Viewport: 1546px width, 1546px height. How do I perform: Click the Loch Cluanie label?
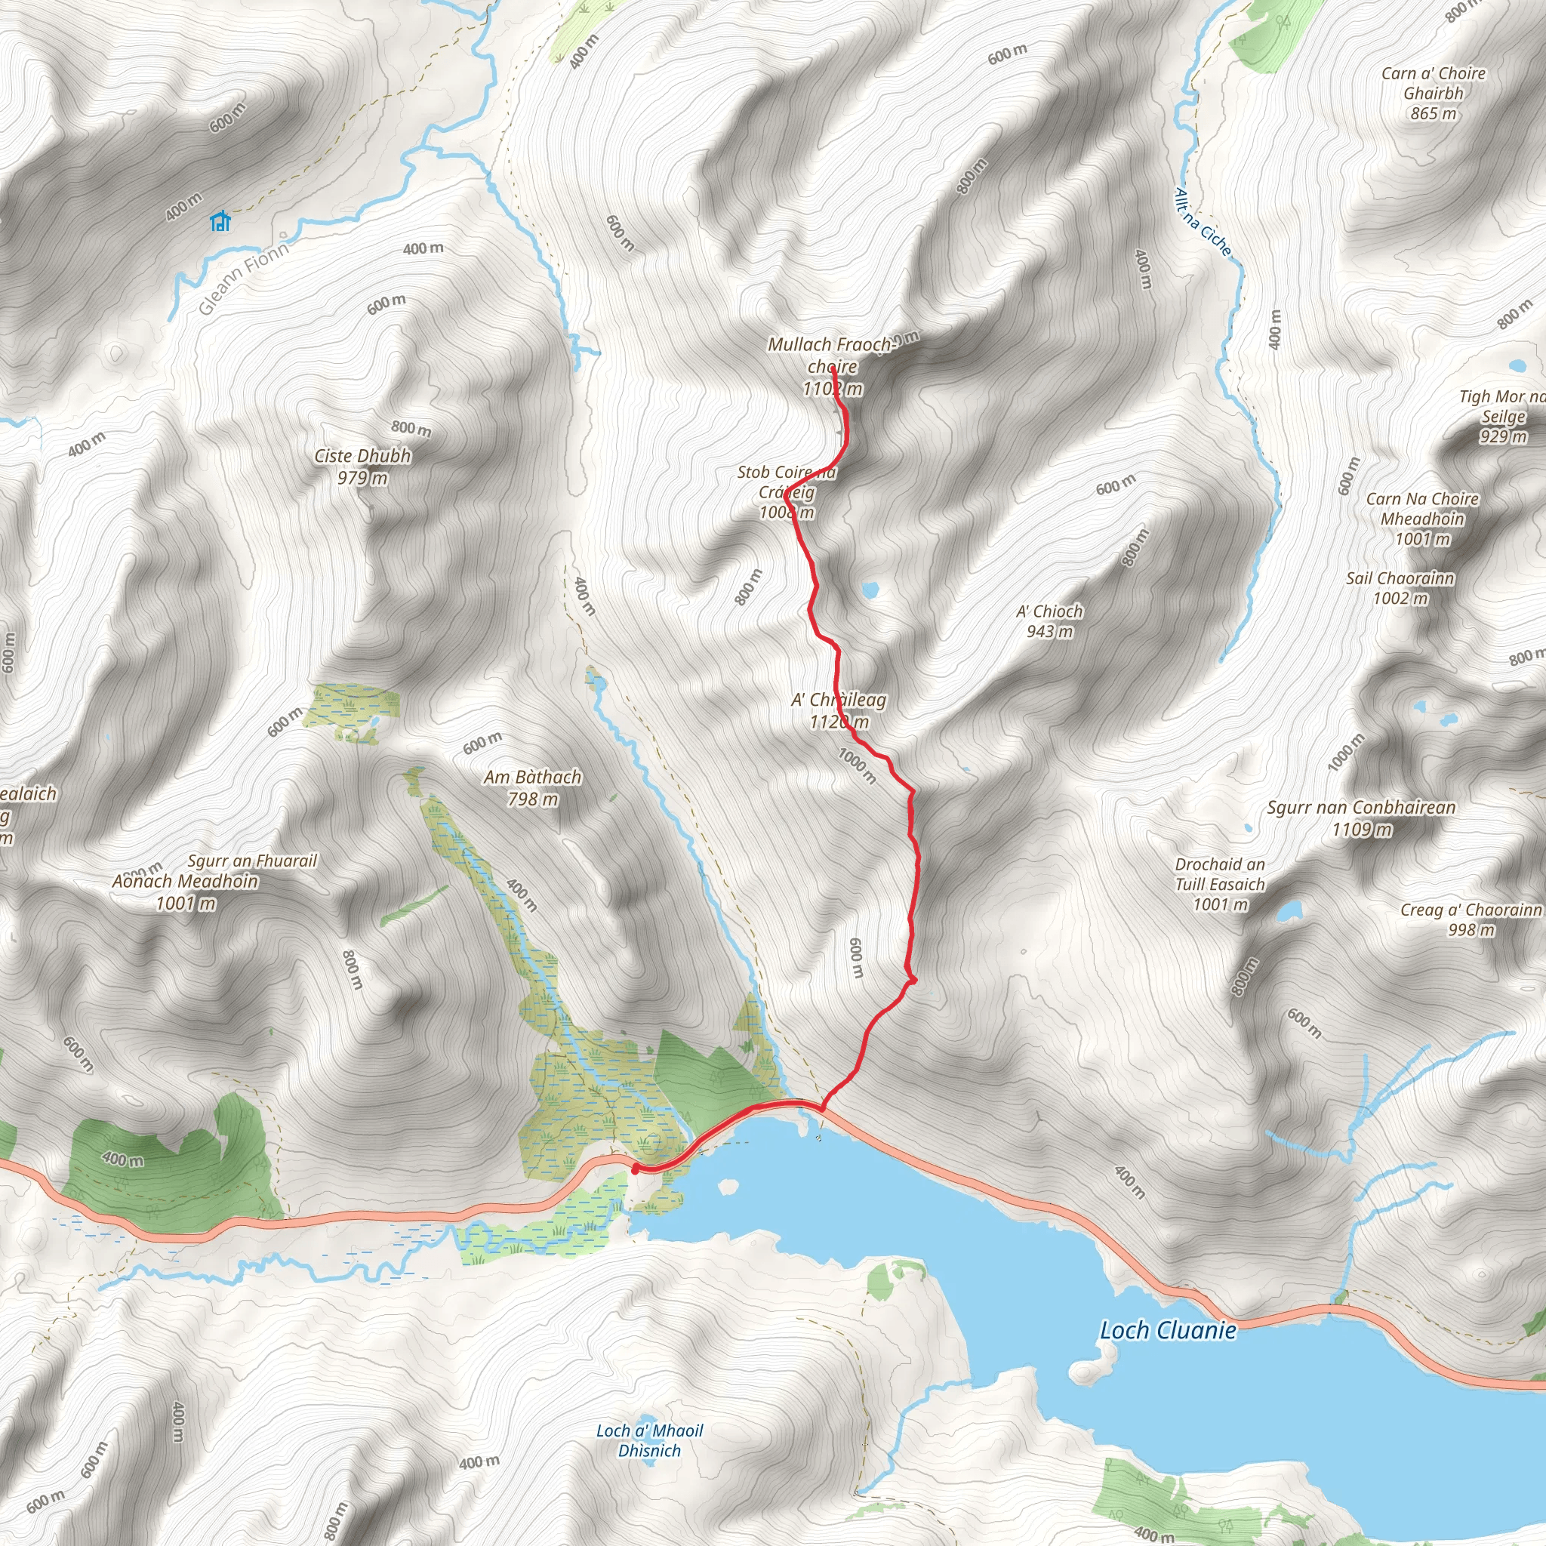tap(1168, 1330)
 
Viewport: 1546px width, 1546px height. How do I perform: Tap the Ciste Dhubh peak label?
tap(362, 467)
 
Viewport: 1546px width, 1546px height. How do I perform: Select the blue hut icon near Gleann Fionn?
tap(220, 221)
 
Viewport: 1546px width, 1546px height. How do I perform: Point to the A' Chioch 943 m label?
tap(1049, 621)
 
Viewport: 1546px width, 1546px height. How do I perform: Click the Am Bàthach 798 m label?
tap(532, 787)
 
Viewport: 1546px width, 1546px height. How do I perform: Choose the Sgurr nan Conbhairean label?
tap(1361, 818)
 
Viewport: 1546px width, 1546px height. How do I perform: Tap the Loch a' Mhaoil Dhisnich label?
tap(649, 1440)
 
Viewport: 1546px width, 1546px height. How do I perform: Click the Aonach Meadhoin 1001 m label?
tap(185, 892)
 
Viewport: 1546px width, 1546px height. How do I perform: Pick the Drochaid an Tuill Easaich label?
tap(1220, 884)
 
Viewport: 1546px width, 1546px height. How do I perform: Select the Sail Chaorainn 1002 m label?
tap(1400, 587)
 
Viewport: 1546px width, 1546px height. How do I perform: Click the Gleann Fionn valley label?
tap(243, 279)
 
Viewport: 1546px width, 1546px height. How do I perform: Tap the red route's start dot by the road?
tap(636, 1169)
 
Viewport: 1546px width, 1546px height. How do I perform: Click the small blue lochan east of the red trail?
tap(869, 590)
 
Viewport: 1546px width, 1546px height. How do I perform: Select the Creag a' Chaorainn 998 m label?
tap(1471, 919)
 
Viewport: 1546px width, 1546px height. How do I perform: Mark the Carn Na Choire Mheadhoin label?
tap(1422, 519)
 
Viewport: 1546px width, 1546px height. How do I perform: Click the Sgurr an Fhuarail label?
tap(252, 861)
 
